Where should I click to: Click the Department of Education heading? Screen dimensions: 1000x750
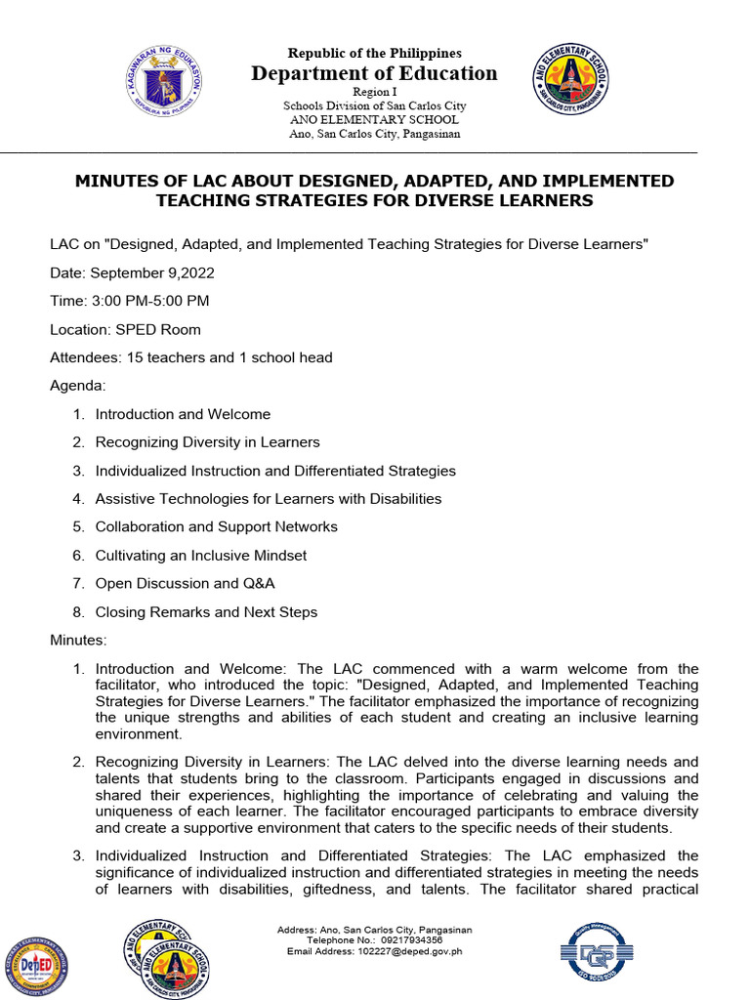point(375,73)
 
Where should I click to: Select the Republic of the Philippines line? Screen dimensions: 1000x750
point(375,54)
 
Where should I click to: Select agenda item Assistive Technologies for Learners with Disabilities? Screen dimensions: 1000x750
point(268,499)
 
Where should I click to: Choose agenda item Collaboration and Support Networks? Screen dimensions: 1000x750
point(216,527)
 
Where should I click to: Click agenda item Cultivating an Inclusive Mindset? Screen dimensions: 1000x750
point(200,556)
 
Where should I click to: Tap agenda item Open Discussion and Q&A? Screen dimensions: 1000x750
point(185,584)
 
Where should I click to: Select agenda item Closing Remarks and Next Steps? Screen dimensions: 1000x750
point(206,612)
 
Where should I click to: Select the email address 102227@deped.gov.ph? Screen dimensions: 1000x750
point(409,950)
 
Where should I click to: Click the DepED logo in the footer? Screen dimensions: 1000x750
point(34,966)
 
